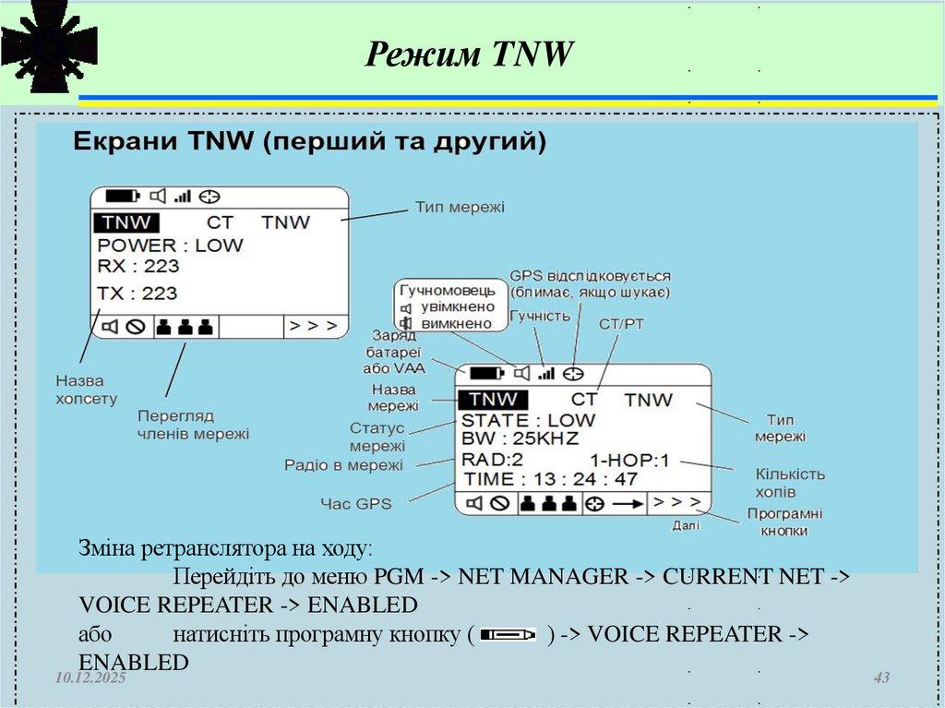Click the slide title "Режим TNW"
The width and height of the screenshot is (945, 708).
point(470,54)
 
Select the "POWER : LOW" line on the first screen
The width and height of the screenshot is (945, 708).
point(171,246)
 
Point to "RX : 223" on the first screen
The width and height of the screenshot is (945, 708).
point(138,267)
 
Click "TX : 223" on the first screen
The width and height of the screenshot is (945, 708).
point(138,294)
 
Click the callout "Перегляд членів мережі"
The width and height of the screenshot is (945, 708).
point(193,424)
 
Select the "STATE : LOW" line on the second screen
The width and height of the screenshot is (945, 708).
point(529,421)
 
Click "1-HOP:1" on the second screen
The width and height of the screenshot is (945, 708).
point(629,460)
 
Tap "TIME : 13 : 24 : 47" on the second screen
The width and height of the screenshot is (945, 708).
point(551,479)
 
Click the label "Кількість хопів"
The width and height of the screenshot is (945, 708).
point(789,483)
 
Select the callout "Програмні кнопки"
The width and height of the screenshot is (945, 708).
point(784,522)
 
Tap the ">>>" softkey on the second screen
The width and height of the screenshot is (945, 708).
point(678,504)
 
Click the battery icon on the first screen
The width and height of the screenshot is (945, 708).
point(122,196)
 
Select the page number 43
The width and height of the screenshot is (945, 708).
point(881,678)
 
